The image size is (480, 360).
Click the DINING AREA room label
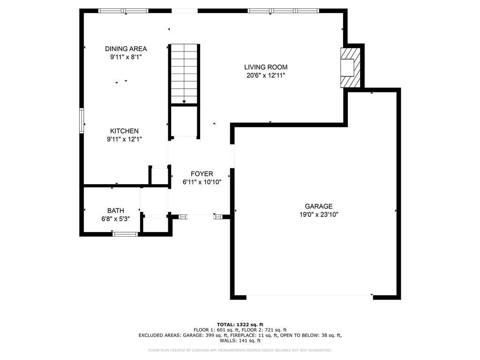pos(126,49)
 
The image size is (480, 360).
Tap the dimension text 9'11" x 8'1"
pos(126,57)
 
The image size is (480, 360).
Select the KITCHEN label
pos(124,131)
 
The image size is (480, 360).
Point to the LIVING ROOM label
pos(266,67)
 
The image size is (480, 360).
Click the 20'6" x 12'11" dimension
pos(266,75)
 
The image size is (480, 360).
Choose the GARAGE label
pos(319,206)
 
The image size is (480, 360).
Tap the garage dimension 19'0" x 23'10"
pos(319,214)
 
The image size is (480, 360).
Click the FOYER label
pos(202,174)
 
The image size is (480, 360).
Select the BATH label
pos(115,211)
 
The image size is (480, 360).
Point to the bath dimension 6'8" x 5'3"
pos(115,219)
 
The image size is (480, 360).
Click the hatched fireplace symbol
pos(351,67)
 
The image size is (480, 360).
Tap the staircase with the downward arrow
pos(184,73)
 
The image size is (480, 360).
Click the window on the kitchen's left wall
pos(82,120)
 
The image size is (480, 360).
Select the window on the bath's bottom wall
pos(125,233)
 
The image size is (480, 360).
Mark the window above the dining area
pos(123,11)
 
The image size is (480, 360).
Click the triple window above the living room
pos(283,11)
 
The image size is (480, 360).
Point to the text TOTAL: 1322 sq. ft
pos(240,324)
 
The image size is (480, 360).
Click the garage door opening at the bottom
pos(309,295)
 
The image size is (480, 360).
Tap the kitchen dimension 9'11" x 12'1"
pos(124,139)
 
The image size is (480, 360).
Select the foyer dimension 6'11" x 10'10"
pos(202,182)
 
